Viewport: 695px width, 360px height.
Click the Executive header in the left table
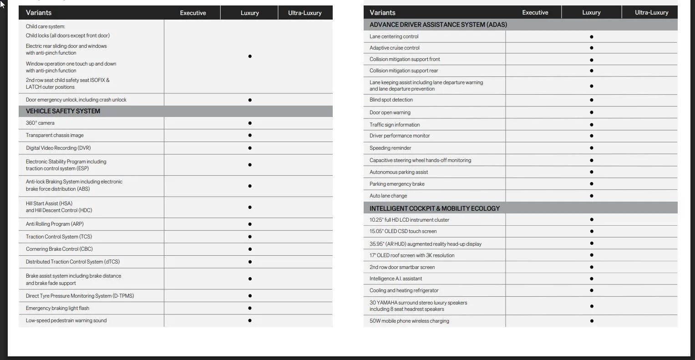point(193,13)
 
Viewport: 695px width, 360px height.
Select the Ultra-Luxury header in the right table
point(651,12)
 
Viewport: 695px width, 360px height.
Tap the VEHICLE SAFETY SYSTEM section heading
point(63,111)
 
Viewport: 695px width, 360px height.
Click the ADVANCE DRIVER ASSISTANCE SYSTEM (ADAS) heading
point(438,25)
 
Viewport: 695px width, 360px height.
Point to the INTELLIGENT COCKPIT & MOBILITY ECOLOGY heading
point(434,208)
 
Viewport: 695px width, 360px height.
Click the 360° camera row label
point(40,123)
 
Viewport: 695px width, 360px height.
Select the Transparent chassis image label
point(55,135)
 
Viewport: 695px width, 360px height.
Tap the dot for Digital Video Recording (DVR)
point(250,148)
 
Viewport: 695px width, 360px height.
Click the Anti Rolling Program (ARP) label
point(55,224)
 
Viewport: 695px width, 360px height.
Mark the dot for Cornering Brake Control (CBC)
point(250,249)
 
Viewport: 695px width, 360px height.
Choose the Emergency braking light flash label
point(57,308)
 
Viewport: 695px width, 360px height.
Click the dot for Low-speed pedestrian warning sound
point(250,320)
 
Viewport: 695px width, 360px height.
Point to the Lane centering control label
point(394,36)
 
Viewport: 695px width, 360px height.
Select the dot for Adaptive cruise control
point(591,48)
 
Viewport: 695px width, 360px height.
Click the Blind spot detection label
point(391,100)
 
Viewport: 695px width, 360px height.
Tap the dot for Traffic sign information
point(591,125)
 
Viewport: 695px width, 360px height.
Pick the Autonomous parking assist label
point(399,172)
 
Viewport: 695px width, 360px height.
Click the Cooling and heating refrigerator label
point(404,290)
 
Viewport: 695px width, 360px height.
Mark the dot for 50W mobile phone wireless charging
point(591,321)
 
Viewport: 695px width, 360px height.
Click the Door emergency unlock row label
point(76,100)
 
